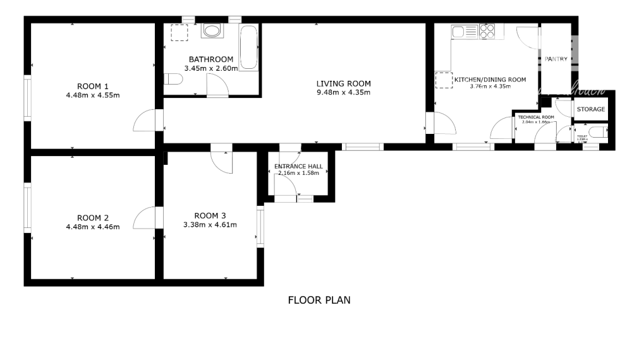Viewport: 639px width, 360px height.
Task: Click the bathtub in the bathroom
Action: coord(248,49)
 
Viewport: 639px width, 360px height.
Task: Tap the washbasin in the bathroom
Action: coord(212,30)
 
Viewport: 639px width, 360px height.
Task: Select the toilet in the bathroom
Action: coord(172,79)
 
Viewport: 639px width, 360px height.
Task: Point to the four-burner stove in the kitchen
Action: coord(487,30)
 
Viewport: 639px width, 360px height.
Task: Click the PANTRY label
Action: coord(556,59)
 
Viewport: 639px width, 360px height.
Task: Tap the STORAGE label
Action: coord(591,109)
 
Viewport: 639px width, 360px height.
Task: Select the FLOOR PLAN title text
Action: coord(319,300)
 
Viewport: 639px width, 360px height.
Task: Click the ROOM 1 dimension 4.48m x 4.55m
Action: coord(93,95)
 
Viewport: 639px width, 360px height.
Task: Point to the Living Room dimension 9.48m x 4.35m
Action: coord(343,93)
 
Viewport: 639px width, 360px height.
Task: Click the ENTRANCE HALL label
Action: coord(298,167)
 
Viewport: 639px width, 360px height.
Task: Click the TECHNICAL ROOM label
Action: coord(535,117)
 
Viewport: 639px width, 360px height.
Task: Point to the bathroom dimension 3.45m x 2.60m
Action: coord(210,68)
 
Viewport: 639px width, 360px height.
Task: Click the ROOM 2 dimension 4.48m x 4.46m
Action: coord(93,226)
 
